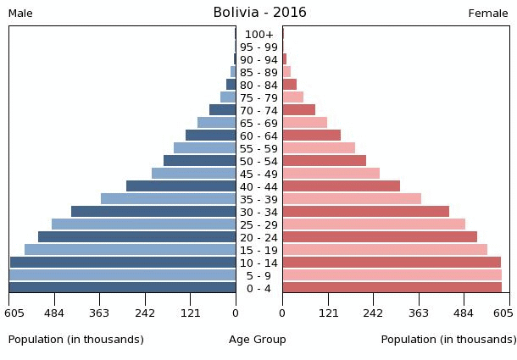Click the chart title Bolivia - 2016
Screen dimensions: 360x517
(x=259, y=13)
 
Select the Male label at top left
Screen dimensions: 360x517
(x=20, y=14)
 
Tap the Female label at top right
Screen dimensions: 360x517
(x=488, y=14)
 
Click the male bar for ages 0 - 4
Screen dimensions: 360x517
(x=122, y=288)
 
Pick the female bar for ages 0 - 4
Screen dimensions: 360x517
(x=392, y=288)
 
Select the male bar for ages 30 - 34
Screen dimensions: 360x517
(x=153, y=212)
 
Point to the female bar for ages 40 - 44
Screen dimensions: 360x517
(x=341, y=186)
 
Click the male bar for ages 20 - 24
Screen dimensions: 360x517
(x=136, y=237)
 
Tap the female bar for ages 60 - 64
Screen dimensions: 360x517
(x=311, y=136)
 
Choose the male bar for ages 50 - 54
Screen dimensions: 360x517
(x=199, y=161)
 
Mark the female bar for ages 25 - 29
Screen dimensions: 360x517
(x=374, y=224)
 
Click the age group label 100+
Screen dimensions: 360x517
(x=258, y=35)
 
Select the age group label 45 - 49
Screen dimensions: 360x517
(x=258, y=174)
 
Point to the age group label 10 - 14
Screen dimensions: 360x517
(x=258, y=263)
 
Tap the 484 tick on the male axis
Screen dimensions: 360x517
(x=54, y=313)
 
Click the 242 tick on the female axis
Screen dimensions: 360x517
(x=373, y=313)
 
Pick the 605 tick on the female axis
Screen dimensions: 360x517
(x=503, y=313)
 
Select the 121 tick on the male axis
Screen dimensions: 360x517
(x=190, y=313)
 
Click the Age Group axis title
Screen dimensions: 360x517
(x=258, y=340)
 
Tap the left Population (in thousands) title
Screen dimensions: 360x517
(x=76, y=340)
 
